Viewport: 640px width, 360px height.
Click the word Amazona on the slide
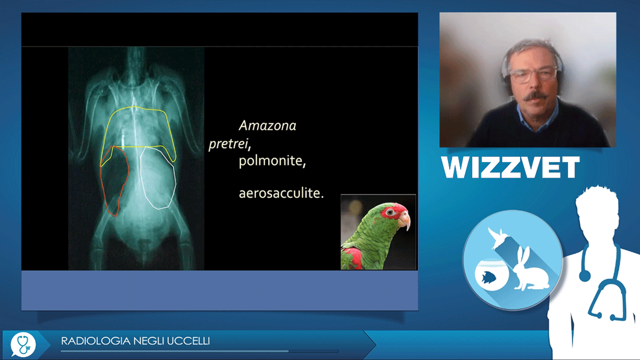click(x=268, y=125)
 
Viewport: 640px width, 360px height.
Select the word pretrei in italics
click(x=228, y=144)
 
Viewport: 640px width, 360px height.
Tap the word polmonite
click(x=271, y=160)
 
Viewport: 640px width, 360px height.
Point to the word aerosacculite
click(x=280, y=193)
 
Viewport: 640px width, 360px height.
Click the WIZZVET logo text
click(x=510, y=167)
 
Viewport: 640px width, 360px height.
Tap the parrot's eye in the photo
click(x=390, y=212)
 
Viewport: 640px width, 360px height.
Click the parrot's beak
click(x=405, y=220)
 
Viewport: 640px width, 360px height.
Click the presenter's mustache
click(x=535, y=96)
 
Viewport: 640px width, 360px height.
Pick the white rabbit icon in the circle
click(x=530, y=269)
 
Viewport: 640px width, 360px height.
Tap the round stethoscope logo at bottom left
click(x=23, y=344)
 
